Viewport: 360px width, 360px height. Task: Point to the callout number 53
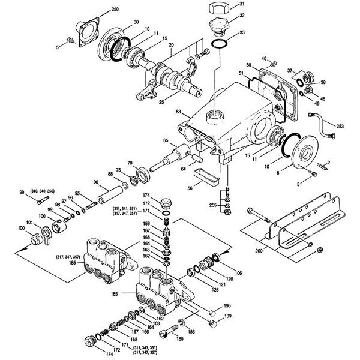[x=178, y=112]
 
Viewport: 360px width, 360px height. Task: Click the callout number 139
[x=227, y=316]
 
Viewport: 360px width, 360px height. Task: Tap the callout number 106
[x=239, y=273]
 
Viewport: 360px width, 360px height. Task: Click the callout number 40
[x=263, y=58]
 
